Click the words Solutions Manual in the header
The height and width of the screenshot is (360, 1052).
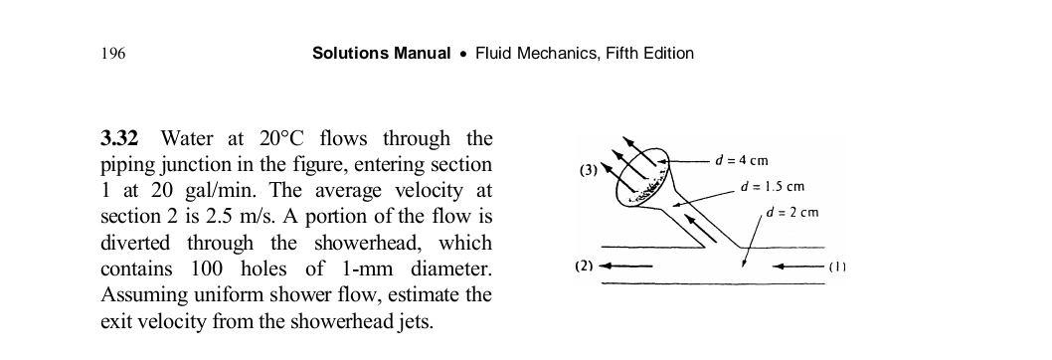(x=381, y=54)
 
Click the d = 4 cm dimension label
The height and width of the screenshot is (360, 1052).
(x=742, y=161)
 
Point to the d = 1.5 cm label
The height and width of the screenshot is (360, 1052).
(x=774, y=187)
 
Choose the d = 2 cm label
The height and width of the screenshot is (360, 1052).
(x=792, y=213)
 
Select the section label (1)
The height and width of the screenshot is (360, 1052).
(x=839, y=267)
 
